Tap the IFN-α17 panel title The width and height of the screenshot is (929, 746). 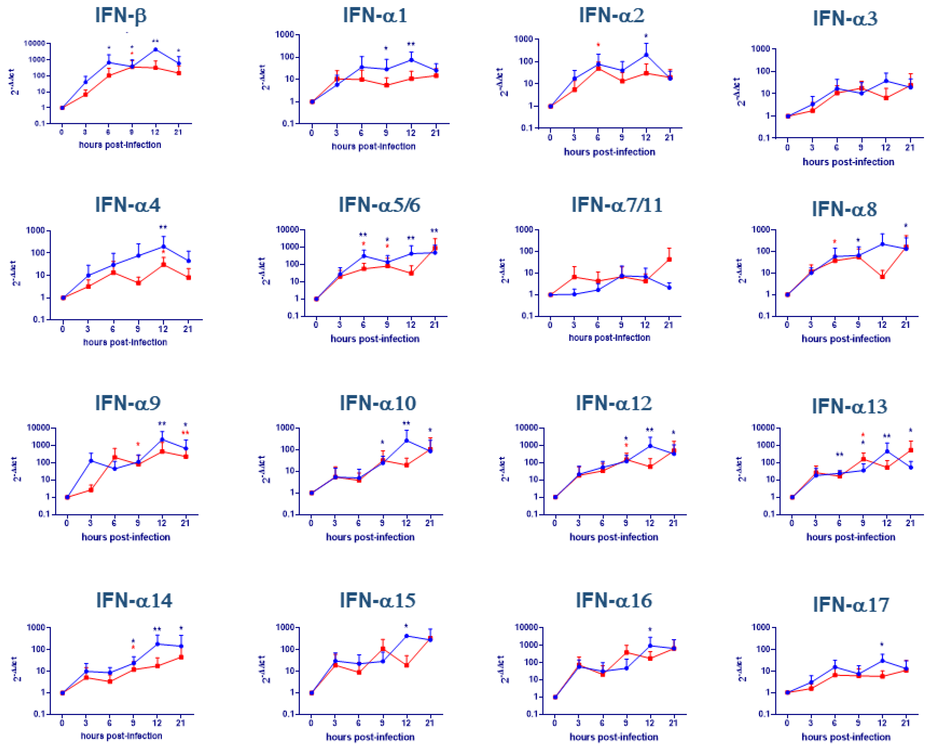tap(851, 605)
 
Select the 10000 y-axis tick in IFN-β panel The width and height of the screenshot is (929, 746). tap(34, 43)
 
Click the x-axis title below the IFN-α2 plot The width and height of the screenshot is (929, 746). tap(609, 152)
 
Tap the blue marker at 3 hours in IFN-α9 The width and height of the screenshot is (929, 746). tap(91, 461)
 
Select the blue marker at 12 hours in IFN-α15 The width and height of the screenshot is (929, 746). tap(406, 636)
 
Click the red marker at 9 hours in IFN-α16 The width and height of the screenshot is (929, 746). tap(626, 652)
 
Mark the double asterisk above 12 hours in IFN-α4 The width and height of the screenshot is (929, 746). tap(163, 227)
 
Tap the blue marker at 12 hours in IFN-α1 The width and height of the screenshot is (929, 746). tap(411, 60)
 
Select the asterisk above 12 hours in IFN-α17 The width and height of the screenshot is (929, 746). tap(882, 645)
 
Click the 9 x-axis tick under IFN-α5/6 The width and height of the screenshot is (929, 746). tap(387, 324)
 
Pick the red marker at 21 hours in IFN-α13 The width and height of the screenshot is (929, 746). tap(911, 450)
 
